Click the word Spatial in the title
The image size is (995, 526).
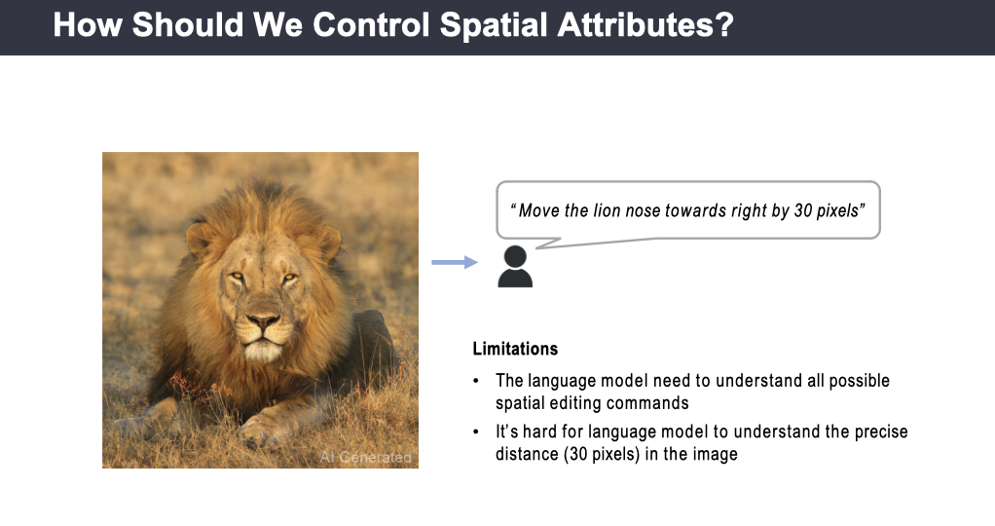494,25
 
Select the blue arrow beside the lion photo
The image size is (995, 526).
455,262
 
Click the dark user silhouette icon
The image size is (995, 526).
515,267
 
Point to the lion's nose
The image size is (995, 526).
263,319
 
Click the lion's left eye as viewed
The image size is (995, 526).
237,276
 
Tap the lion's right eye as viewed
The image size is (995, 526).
289,278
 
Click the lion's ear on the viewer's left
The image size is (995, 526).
200,239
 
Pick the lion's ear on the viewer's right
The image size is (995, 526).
329,243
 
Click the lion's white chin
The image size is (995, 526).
263,350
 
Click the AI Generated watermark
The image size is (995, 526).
365,457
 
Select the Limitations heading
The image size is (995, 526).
515,349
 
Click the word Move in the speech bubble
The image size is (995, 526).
538,210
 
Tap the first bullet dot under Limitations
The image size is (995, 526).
476,381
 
